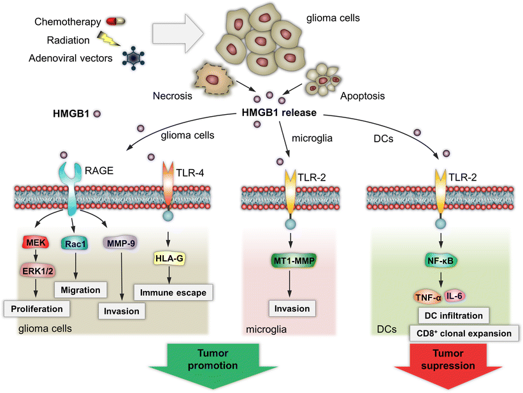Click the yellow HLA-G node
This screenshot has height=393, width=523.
coord(169,258)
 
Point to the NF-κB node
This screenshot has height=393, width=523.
coord(438,260)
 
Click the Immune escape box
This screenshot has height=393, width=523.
coord(173,293)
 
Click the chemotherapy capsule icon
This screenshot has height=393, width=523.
coord(113,21)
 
